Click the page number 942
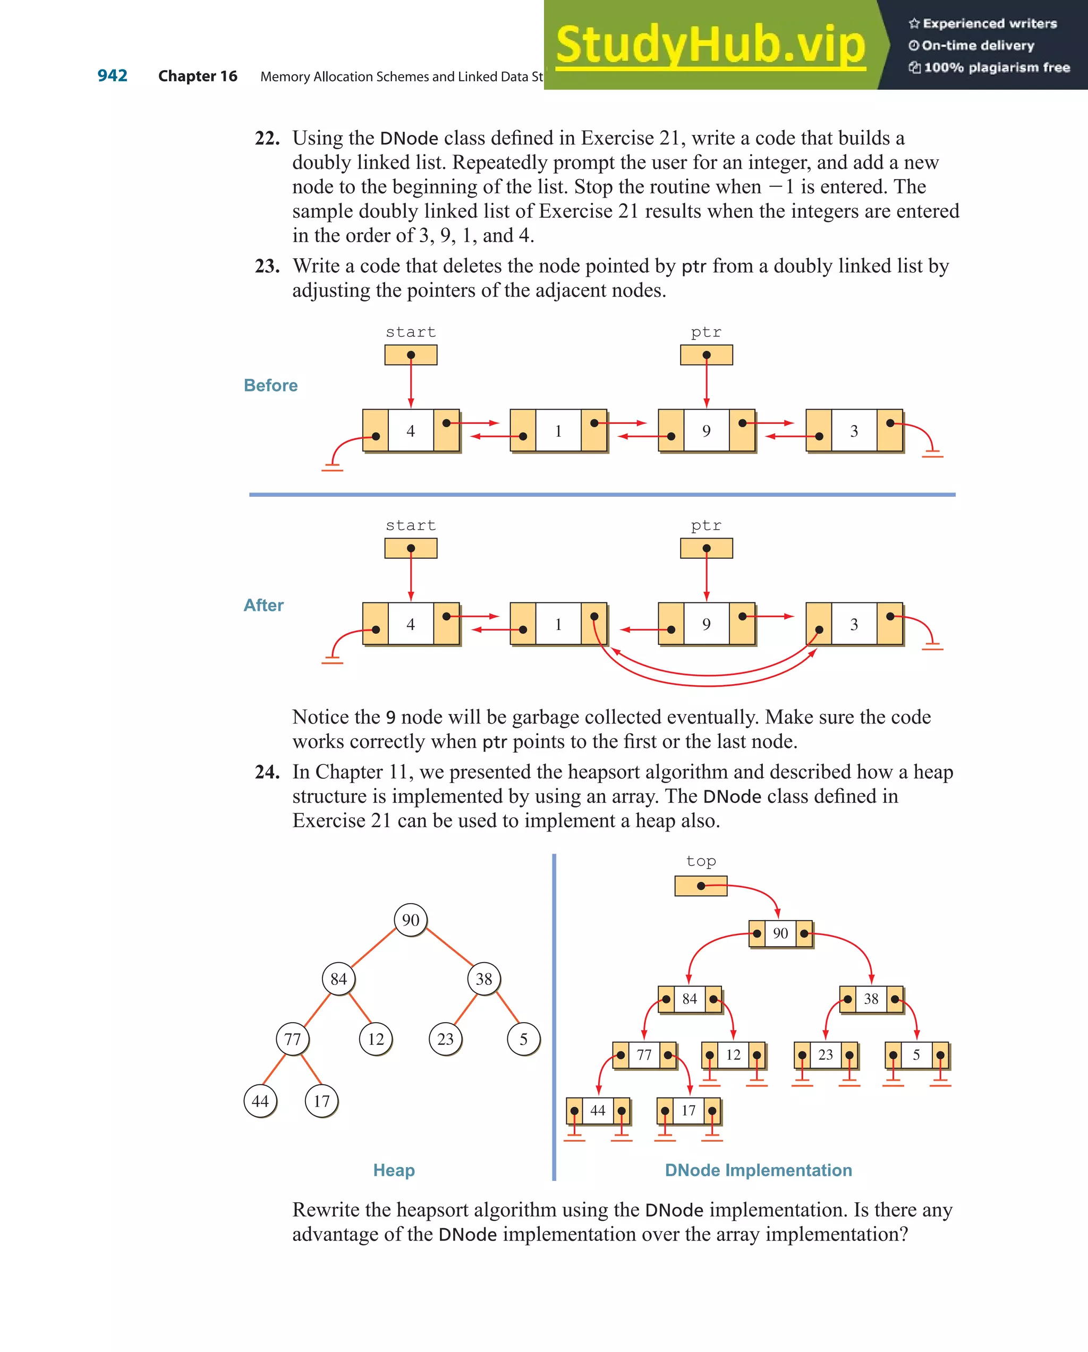tap(112, 76)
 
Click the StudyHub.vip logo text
tap(710, 45)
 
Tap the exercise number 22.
tap(267, 138)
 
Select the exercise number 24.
tap(267, 772)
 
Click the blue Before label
tap(270, 385)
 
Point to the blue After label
tap(263, 605)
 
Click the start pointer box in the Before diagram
tap(411, 355)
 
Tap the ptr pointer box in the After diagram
tap(706, 548)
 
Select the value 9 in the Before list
tap(706, 431)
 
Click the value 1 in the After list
tap(558, 624)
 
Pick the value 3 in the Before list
tap(854, 431)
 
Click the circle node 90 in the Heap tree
tap(411, 920)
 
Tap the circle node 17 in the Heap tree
tap(322, 1101)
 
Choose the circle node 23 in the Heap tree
tap(445, 1039)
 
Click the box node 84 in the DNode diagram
tap(689, 999)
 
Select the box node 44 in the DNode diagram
tap(598, 1111)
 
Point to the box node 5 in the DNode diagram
tap(916, 1055)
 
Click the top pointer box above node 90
tap(701, 886)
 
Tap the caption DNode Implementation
tap(758, 1170)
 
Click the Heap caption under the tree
tap(394, 1170)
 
